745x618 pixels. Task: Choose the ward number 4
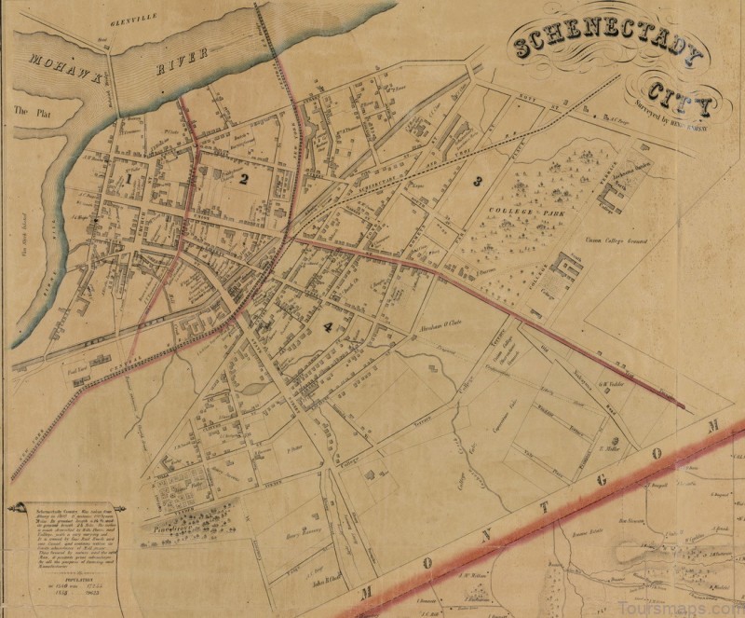327,327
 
